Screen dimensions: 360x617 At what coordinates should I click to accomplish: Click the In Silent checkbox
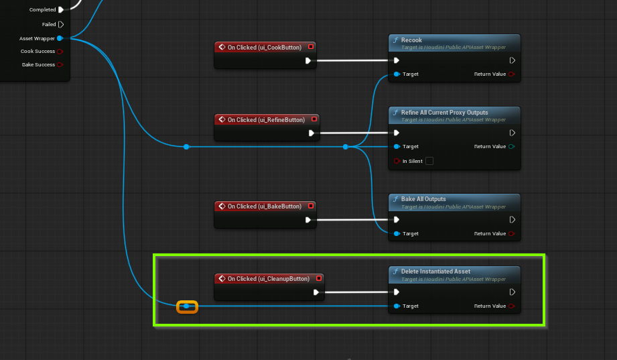pos(429,161)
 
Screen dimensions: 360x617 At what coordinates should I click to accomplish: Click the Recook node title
pos(411,40)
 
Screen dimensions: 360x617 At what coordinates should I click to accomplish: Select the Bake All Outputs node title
pos(423,199)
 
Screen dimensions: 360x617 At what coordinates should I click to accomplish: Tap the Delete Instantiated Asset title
pos(435,272)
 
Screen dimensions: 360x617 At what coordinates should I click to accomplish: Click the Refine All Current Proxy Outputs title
pos(444,113)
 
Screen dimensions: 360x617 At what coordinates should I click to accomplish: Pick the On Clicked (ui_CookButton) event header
pos(264,48)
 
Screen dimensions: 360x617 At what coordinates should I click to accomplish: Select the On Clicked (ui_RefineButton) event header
pos(266,120)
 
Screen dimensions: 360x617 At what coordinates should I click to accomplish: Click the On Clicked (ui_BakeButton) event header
pos(264,206)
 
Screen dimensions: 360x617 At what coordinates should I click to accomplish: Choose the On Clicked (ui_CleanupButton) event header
pos(268,279)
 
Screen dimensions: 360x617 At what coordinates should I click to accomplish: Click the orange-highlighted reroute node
pos(187,306)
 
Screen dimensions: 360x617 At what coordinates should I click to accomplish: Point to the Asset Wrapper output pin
pos(60,38)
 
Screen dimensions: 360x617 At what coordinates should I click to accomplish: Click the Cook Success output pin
pos(60,51)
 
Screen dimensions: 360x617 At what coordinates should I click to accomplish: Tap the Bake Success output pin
pos(60,64)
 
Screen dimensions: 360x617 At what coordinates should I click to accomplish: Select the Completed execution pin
pos(61,9)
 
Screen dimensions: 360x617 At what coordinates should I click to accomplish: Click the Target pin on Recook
pos(397,74)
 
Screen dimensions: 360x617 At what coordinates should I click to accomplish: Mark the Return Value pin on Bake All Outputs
pos(512,233)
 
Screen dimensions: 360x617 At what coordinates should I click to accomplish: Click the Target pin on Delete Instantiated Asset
pos(397,306)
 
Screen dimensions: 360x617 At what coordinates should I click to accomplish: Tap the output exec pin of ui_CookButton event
pos(308,60)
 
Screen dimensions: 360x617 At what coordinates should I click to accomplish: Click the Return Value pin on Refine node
pos(512,146)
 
